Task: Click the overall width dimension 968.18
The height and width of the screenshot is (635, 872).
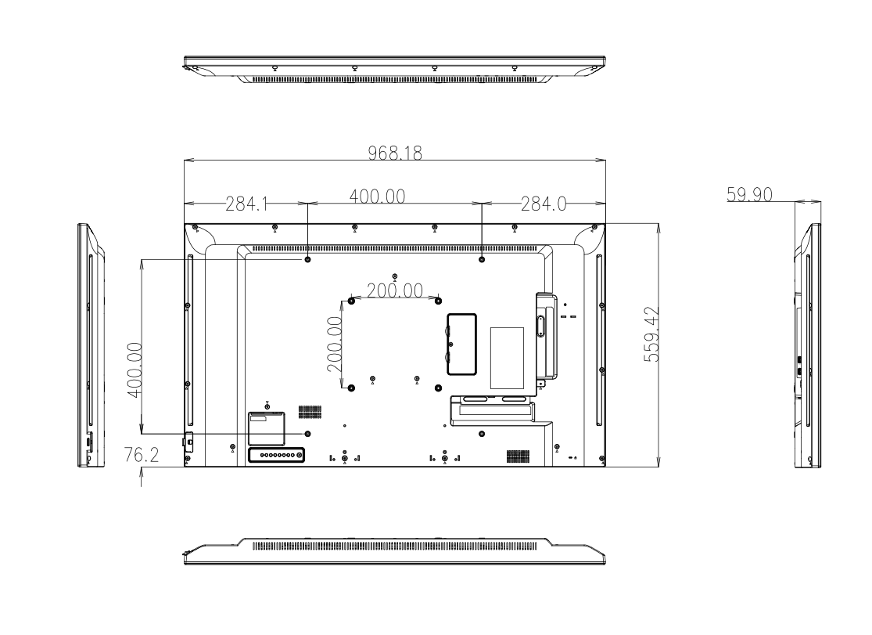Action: [395, 153]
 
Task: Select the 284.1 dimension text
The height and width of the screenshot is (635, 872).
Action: [247, 204]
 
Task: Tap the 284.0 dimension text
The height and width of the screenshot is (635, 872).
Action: [544, 204]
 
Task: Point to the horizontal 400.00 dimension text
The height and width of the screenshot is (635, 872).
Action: [377, 196]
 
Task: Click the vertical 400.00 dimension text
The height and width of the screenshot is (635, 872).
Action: [135, 370]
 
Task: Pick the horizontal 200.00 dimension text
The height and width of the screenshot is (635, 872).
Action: [395, 290]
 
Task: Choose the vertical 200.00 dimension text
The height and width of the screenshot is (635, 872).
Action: [335, 345]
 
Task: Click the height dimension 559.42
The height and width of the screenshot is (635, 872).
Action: [651, 334]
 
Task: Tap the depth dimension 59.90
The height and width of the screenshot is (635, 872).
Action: [749, 194]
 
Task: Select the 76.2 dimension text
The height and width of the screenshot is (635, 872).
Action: [142, 455]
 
